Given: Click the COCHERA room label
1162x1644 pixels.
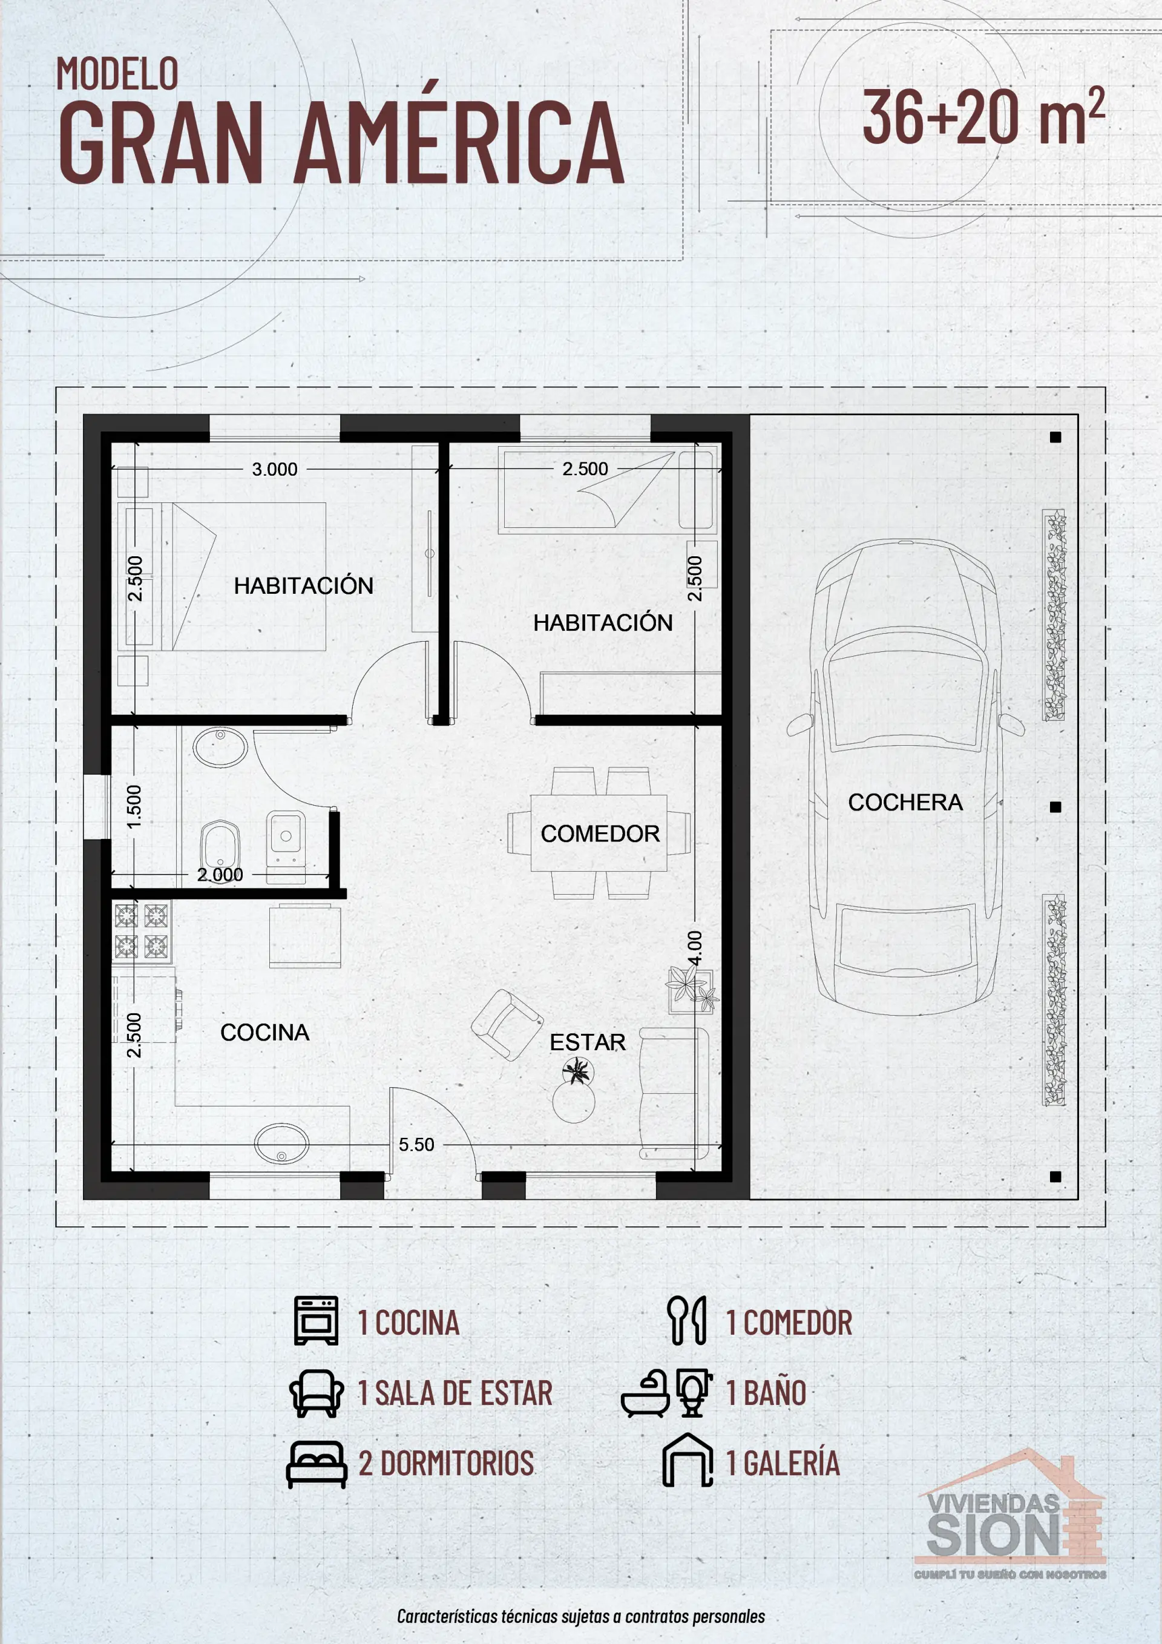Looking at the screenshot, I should click(x=905, y=802).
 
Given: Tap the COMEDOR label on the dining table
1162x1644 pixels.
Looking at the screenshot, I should click(x=600, y=834).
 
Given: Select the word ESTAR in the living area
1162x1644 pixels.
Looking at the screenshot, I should click(x=587, y=1042).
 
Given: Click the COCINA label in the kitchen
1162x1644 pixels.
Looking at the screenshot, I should click(x=264, y=1032).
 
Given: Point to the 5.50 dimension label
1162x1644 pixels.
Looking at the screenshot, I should click(x=416, y=1144).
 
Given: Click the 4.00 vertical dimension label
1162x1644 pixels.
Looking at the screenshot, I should click(x=694, y=949).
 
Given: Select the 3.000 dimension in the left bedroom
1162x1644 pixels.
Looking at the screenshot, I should click(x=274, y=470).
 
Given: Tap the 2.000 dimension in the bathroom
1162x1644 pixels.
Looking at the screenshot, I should click(x=220, y=874).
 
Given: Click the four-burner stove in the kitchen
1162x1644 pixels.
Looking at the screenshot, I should click(x=141, y=931).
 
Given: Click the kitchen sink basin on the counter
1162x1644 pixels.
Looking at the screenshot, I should click(x=282, y=1142).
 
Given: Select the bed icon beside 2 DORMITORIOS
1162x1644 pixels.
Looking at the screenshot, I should click(x=316, y=1464).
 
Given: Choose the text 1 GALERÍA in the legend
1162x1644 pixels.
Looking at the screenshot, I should click(x=782, y=1463).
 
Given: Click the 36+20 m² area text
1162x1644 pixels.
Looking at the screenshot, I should click(x=982, y=117).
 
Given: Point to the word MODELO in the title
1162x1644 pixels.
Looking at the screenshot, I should click(x=117, y=74).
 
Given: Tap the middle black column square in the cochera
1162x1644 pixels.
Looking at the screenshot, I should click(x=1055, y=807).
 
